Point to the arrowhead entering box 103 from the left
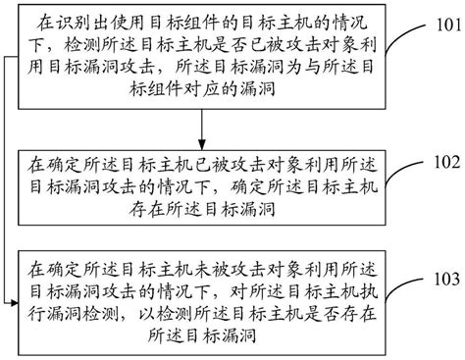coord(16,279)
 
